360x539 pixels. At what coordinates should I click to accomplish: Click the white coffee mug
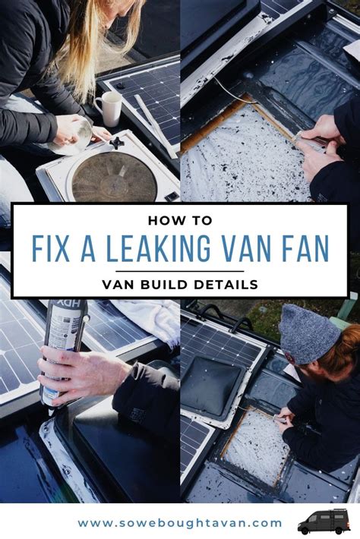click(x=109, y=109)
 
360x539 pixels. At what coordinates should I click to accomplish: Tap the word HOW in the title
click(x=161, y=220)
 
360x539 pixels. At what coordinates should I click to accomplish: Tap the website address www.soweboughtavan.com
click(x=180, y=524)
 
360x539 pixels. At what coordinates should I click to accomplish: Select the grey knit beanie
click(x=305, y=333)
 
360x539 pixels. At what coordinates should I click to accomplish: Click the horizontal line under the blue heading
click(x=179, y=271)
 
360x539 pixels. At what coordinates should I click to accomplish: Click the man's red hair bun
click(x=348, y=346)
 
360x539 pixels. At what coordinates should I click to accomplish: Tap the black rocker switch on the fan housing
click(x=172, y=197)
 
